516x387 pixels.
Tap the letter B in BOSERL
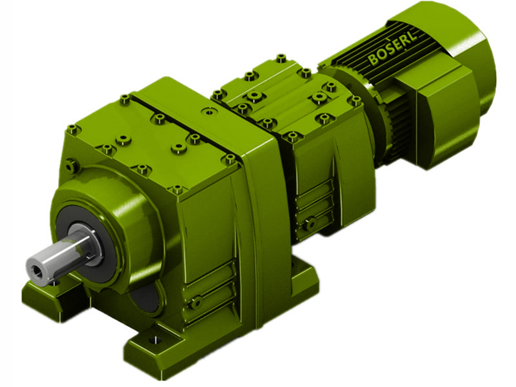pos(373,62)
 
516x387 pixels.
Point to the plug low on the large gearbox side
pos(195,301)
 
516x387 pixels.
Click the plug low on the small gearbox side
pos(311,223)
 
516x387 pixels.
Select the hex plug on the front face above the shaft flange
pos(72,166)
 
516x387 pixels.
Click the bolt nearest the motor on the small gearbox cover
pos(354,101)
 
